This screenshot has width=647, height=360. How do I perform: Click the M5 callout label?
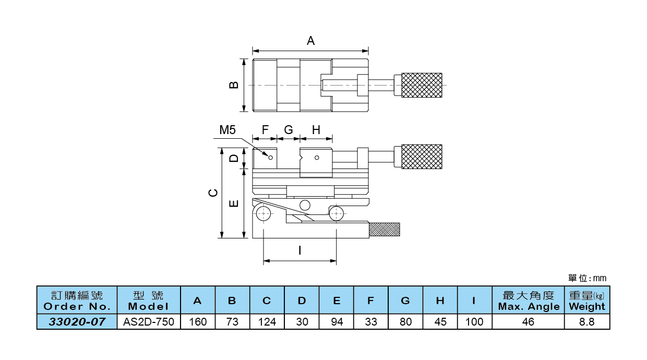[227, 130]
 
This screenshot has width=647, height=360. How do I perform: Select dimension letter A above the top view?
[310, 41]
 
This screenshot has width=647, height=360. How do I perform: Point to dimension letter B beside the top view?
[234, 85]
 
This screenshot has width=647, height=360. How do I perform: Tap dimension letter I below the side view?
[299, 250]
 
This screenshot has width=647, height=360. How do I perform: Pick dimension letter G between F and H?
[289, 130]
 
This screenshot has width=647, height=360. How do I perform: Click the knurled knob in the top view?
[422, 85]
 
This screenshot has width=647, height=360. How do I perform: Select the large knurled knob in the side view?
[422, 157]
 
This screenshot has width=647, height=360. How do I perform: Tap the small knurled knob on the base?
[385, 229]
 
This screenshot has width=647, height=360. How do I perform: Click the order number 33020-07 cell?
[77, 322]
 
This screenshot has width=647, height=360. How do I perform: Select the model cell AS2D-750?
[149, 322]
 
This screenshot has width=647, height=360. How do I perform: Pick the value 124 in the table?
[267, 322]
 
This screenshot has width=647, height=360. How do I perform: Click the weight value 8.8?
[587, 322]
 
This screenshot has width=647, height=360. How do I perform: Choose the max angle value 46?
[528, 322]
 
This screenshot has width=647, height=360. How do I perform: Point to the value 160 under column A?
[198, 322]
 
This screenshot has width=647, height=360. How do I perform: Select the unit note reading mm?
[588, 279]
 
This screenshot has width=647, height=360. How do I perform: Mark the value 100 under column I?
[474, 322]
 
